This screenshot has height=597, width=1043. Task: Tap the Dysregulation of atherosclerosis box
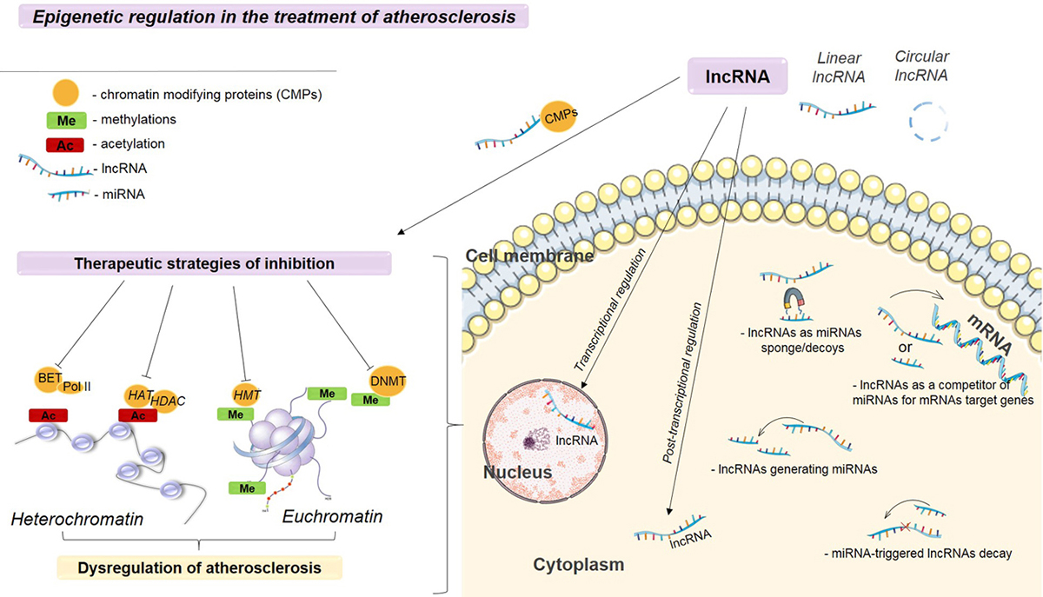(199, 568)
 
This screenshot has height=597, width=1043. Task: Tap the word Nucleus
(518, 473)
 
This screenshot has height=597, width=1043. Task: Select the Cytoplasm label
(578, 565)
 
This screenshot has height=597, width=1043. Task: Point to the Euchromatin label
(332, 516)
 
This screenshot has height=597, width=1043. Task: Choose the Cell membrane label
(529, 256)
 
